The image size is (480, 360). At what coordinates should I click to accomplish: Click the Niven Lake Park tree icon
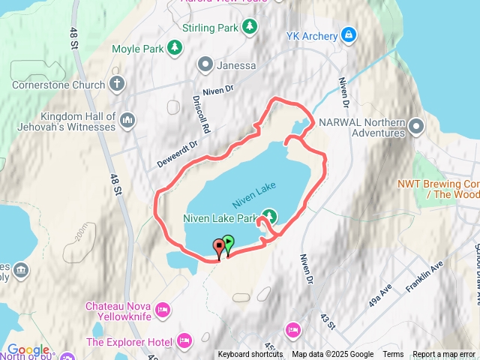click(268, 217)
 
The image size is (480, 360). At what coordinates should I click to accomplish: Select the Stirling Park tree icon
click(250, 27)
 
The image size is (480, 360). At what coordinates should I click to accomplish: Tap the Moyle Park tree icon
click(174, 49)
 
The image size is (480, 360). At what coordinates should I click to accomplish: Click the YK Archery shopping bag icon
click(349, 34)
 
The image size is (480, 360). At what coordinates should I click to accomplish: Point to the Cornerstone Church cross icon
click(116, 84)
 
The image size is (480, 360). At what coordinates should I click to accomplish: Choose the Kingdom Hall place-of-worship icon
click(127, 119)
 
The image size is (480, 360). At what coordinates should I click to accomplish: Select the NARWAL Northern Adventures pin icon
click(418, 126)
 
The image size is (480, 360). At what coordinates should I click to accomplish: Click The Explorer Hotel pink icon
click(183, 341)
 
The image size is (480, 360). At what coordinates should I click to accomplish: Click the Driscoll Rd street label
click(200, 114)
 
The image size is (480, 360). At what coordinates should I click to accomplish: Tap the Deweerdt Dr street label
click(177, 153)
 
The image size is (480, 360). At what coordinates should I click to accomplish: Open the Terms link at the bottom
click(393, 355)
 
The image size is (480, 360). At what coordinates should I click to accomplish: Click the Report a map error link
click(445, 355)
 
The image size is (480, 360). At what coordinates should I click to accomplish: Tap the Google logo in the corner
click(27, 350)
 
